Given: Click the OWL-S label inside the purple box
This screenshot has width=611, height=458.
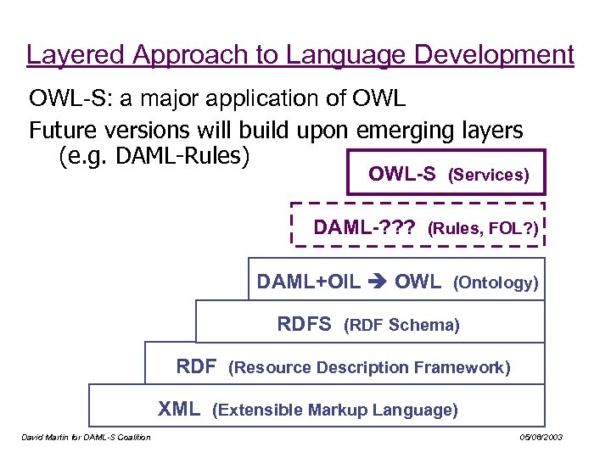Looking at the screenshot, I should coord(402,175).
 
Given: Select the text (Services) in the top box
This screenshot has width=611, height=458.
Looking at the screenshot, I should coord(489,176).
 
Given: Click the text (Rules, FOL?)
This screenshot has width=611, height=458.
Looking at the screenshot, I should coord(484,228).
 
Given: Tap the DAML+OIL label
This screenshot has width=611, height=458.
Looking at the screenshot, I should coord(308,282).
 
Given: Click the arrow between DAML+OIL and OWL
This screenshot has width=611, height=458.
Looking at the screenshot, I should coord(376,282).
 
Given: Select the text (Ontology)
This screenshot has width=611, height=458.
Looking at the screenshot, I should coord(496,282).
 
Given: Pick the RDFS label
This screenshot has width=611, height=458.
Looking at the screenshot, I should coord(305,324).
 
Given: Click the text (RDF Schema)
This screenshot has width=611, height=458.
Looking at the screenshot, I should coord(401,325).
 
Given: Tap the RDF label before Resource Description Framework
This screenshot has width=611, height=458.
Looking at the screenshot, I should coord(196,366).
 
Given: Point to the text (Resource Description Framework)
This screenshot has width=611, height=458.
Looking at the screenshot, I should coord(370,367).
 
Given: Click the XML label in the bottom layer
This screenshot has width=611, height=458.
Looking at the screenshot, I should coord(179,410).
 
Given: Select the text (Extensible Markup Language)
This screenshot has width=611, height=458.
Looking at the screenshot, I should coord(335,411).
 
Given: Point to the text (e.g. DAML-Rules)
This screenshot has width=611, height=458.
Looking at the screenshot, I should coord(154,157).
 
